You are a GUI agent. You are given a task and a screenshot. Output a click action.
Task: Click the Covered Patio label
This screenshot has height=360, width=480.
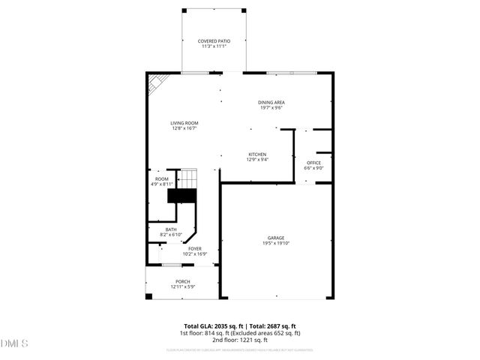click(213, 41)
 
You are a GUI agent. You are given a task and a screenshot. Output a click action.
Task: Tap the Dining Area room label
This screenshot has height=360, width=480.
click(271, 103)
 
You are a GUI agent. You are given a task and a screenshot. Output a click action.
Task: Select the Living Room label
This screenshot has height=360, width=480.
click(184, 123)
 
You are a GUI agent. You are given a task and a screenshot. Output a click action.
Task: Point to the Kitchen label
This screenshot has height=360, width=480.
click(256, 154)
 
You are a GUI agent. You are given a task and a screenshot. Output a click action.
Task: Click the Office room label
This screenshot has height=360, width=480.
click(313, 163)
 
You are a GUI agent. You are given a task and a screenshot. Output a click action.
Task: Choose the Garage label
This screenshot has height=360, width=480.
click(276, 238)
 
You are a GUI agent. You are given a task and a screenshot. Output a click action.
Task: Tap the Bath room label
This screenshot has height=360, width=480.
click(171, 229)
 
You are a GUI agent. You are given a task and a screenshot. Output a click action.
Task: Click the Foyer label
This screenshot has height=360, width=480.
click(195, 248)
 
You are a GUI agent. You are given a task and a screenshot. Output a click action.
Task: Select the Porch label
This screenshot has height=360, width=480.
click(183, 281)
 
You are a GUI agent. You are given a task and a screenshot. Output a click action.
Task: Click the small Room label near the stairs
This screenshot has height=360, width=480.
click(162, 178)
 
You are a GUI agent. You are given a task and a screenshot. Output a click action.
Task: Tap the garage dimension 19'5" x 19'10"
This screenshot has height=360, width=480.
click(276, 243)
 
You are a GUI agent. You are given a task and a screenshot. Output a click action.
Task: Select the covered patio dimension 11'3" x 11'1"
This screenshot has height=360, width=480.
click(213, 46)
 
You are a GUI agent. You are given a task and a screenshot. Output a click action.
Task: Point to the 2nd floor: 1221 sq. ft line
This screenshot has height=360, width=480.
click(240, 340)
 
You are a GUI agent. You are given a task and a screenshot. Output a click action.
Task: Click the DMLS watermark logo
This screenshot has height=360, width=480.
click(15, 343)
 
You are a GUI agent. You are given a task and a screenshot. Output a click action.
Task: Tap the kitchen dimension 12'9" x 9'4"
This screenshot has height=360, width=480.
click(256, 160)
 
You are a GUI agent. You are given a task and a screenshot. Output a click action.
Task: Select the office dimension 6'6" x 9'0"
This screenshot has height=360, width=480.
click(313, 168)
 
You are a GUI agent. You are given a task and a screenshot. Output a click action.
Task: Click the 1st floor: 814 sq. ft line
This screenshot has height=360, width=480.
click(240, 333)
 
